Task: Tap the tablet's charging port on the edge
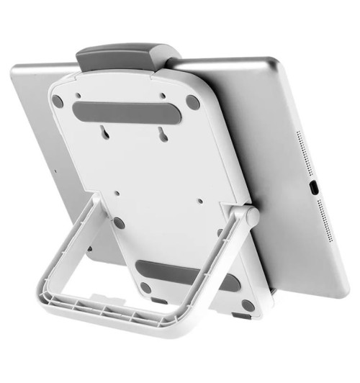tap(315, 189)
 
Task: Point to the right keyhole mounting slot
tap(159, 134)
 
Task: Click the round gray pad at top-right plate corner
tap(192, 103)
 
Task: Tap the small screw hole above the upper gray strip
tap(75, 94)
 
